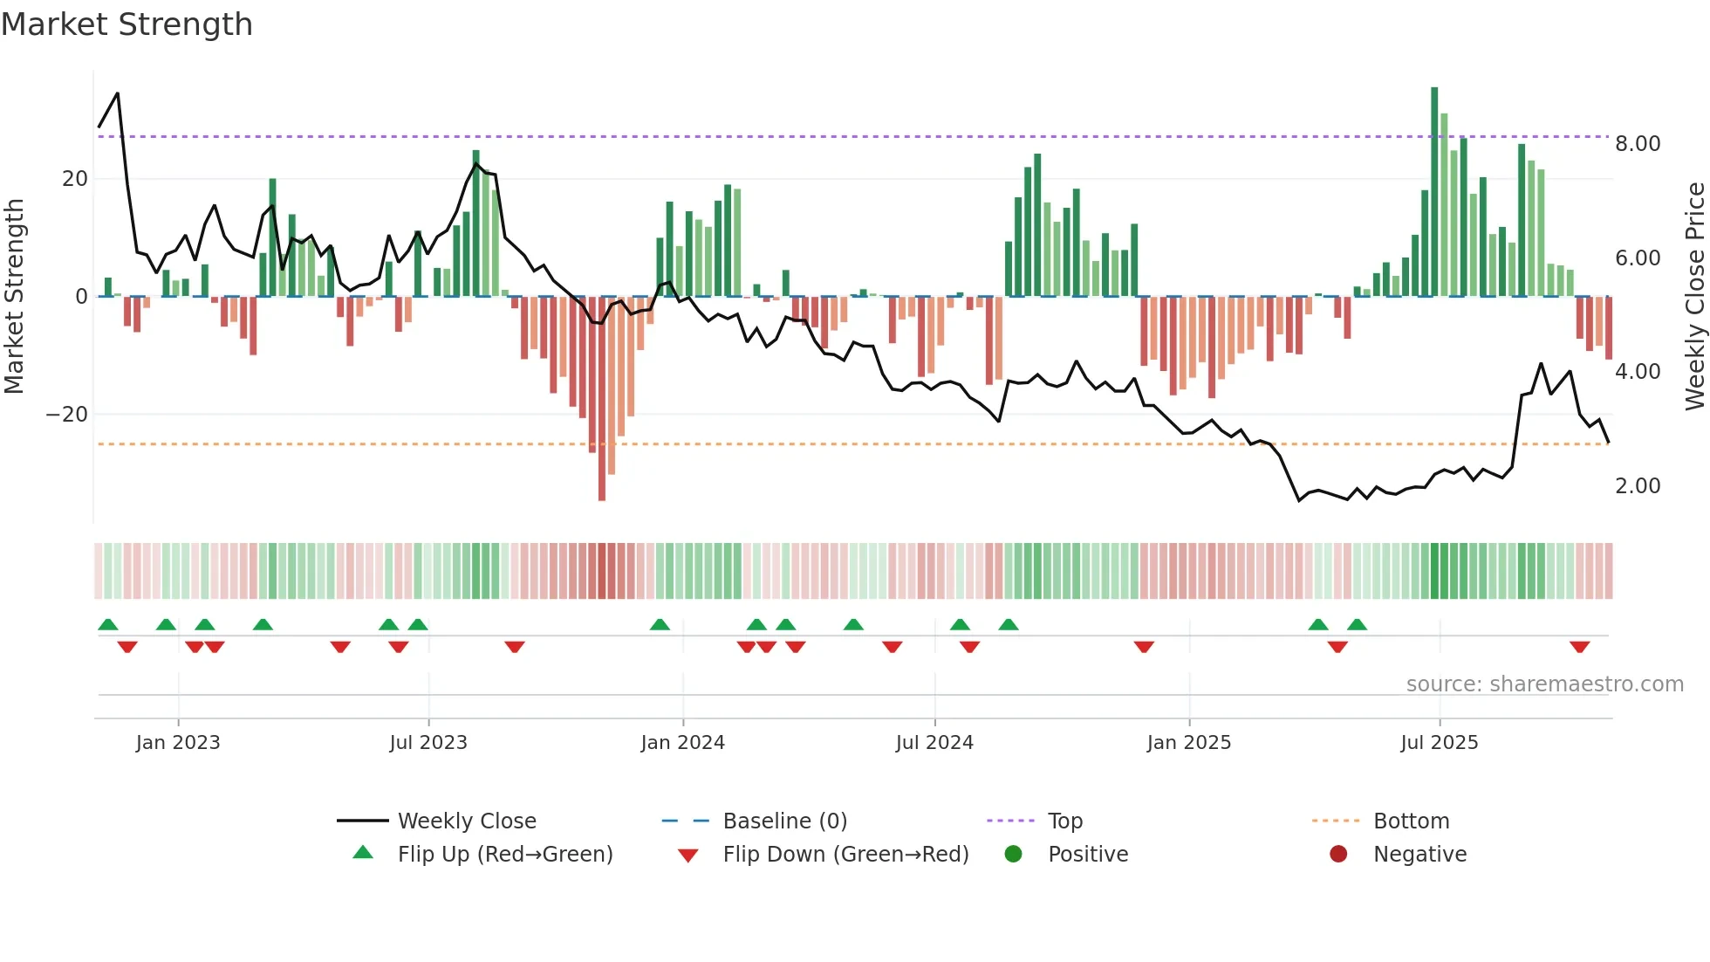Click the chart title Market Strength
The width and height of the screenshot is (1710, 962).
click(127, 24)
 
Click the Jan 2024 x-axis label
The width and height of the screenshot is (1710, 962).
click(682, 743)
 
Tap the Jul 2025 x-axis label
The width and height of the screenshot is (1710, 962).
click(1439, 743)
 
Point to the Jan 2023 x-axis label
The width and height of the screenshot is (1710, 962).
click(178, 743)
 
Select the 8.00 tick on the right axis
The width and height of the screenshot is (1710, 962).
click(1637, 144)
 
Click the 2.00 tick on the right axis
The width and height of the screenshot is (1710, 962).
click(1637, 486)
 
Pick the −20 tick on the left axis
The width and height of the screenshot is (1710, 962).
click(67, 415)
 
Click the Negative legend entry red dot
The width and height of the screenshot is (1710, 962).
click(1338, 855)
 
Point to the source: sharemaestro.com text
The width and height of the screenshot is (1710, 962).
click(1544, 684)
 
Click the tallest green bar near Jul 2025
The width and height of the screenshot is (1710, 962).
click(1434, 192)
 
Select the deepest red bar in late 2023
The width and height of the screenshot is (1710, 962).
click(602, 402)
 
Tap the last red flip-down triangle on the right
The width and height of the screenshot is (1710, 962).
click(1579, 647)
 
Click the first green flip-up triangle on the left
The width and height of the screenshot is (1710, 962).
click(108, 624)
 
